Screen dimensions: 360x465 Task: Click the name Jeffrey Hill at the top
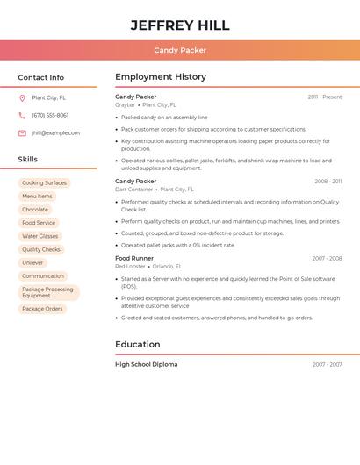click(180, 25)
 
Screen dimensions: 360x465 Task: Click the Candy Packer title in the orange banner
click(180, 50)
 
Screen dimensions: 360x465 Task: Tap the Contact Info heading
click(41, 77)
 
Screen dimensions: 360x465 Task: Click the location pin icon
click(22, 98)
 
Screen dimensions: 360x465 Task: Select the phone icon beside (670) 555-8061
click(22, 116)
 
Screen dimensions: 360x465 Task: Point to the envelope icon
click(22, 133)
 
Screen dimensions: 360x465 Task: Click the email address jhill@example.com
click(55, 133)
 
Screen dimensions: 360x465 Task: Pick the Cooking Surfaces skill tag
click(44, 183)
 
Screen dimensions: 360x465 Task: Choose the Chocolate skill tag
click(35, 210)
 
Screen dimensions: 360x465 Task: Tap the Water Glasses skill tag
click(40, 236)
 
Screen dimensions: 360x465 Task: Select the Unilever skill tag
click(32, 262)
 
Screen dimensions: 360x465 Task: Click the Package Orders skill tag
click(42, 309)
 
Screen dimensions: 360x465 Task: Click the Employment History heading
click(161, 77)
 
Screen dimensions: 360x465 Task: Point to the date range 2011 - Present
click(325, 97)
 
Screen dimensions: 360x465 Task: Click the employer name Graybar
click(125, 105)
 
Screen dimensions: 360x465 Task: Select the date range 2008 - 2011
click(328, 182)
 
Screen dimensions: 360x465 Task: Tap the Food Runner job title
click(134, 259)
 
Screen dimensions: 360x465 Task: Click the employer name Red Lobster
click(130, 267)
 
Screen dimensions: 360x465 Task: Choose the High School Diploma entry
click(146, 364)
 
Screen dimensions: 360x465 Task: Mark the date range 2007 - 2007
click(328, 364)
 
